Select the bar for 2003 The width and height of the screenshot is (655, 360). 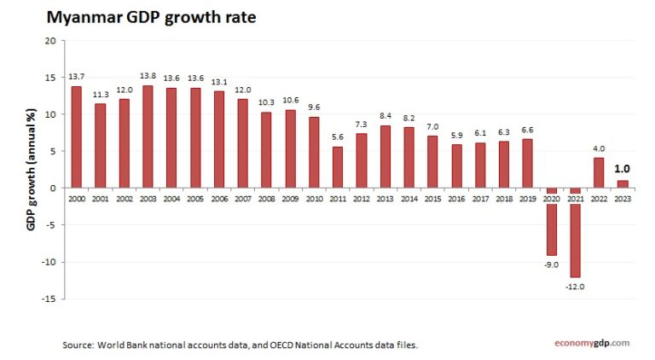pos(148,136)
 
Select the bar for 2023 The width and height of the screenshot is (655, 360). pos(623,183)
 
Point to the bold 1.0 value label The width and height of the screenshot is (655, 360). pos(623,169)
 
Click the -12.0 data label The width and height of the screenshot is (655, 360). pos(576,287)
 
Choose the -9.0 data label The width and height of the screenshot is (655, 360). pos(552,264)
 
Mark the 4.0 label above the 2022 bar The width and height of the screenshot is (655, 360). pos(599,148)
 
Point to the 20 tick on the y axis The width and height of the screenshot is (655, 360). pos(50,41)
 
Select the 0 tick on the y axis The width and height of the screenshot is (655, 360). pos(53,188)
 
